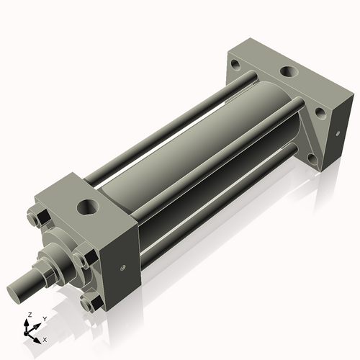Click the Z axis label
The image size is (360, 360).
click(28, 315)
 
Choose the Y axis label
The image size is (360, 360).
click(44, 318)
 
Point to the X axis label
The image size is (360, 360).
click(45, 338)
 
